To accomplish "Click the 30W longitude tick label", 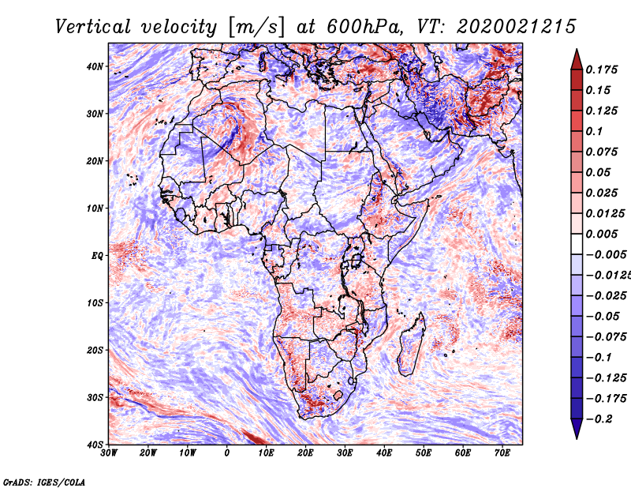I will (110, 453).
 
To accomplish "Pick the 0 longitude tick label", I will (227, 453).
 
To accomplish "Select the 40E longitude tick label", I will (384, 453).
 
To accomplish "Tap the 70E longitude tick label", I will (502, 453).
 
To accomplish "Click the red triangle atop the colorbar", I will (577, 58).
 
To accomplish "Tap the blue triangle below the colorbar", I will (577, 429).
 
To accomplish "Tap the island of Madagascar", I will (410, 345).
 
